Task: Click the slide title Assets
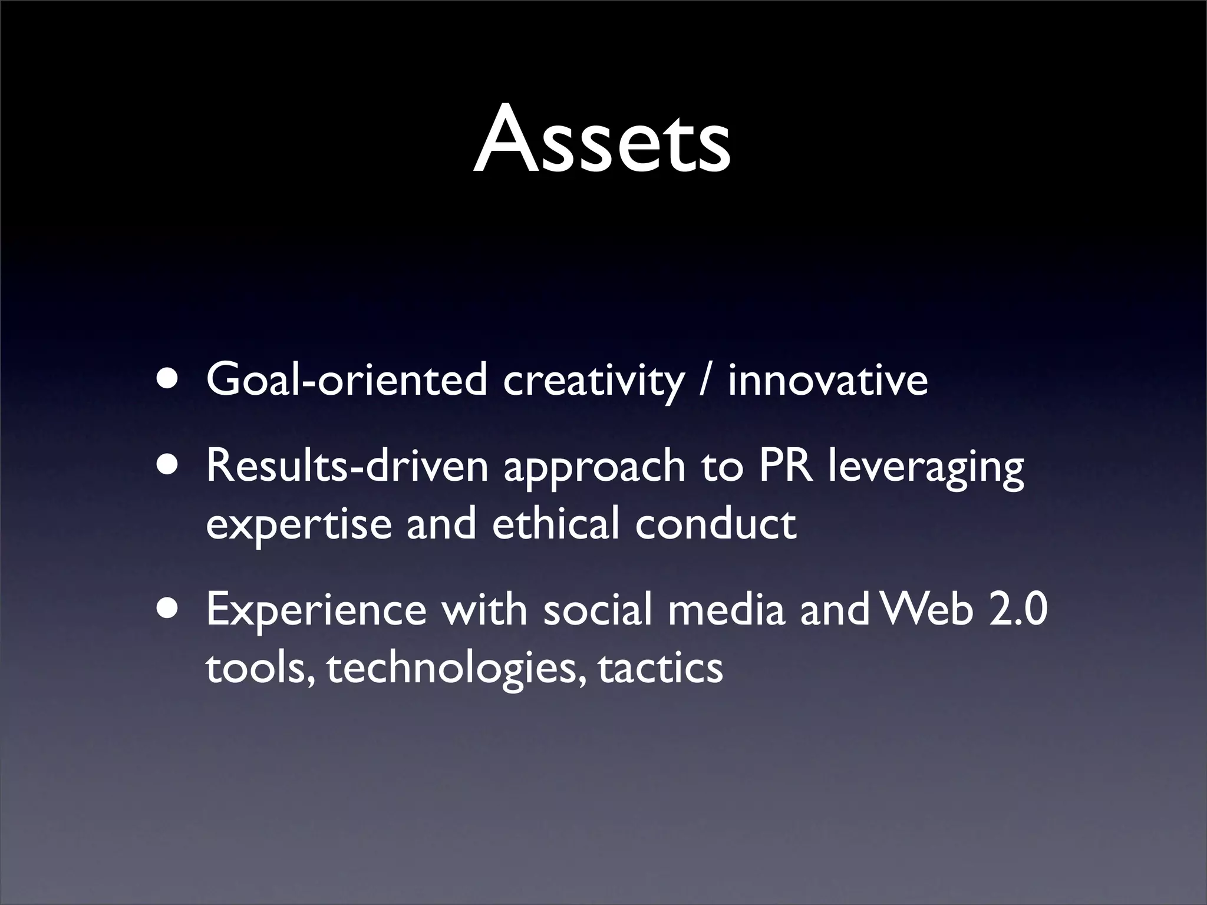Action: pyautogui.click(x=602, y=140)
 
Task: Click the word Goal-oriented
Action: pyautogui.click(x=347, y=380)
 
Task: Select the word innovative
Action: pyautogui.click(x=828, y=380)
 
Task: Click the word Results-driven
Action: pyautogui.click(x=347, y=465)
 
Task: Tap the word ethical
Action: pyautogui.click(x=555, y=523)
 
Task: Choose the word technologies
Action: pyautogui.click(x=457, y=669)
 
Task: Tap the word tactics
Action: pyautogui.click(x=660, y=669)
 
